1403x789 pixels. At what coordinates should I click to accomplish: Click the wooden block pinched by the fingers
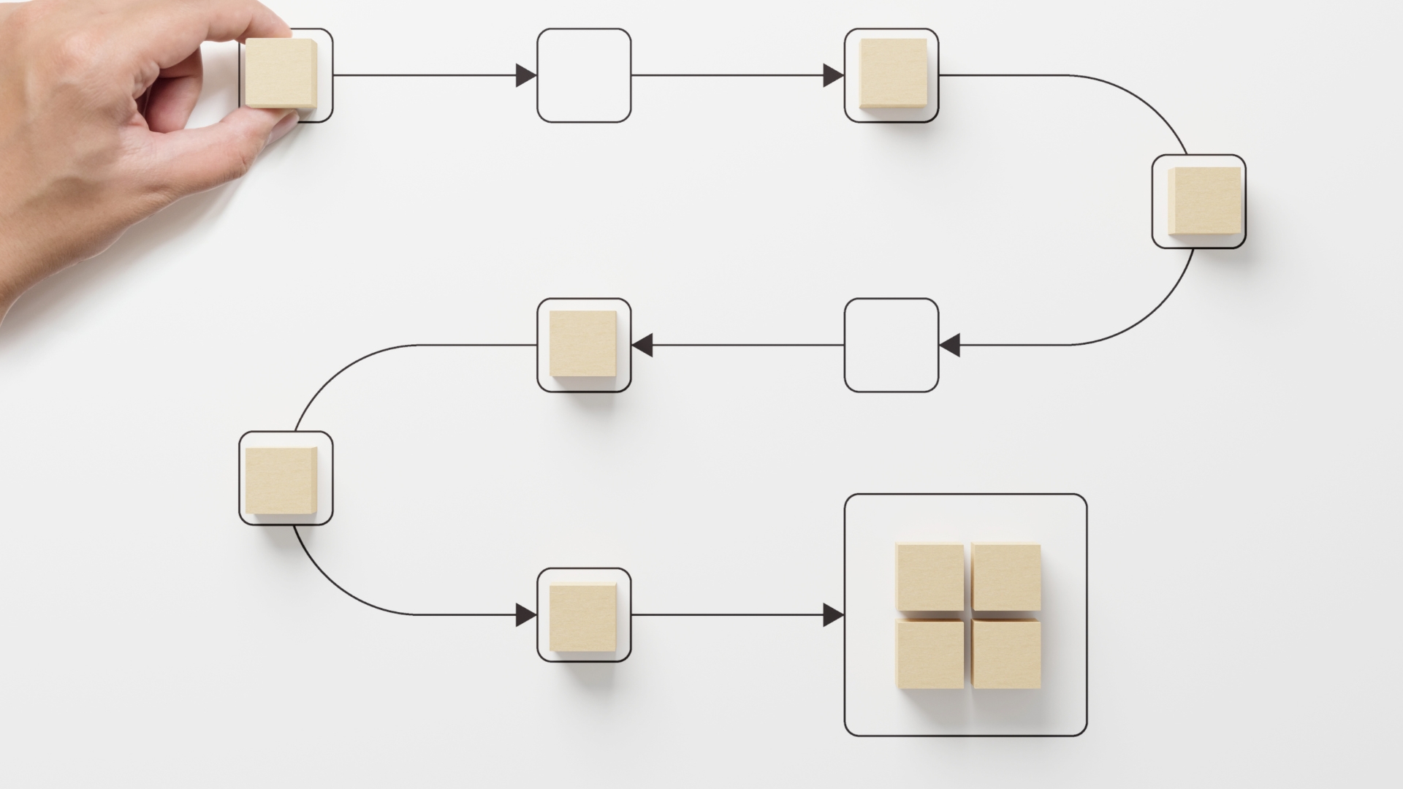[x=281, y=73]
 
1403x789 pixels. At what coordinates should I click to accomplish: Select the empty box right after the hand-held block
[x=584, y=75]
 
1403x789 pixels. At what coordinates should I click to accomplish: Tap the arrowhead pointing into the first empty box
[x=525, y=75]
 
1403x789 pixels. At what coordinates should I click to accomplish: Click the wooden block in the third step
[x=893, y=74]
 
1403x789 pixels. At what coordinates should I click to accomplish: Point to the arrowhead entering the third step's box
[x=833, y=75]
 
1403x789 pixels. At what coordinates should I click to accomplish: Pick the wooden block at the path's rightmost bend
[x=1204, y=201]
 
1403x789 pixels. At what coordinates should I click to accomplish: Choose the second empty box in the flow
[x=891, y=345]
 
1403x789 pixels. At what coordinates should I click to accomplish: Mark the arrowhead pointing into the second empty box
[x=949, y=345]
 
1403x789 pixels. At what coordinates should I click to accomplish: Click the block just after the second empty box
[x=582, y=343]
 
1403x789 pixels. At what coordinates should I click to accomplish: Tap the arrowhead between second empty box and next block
[x=642, y=345]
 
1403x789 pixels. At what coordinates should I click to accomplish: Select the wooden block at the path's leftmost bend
[x=281, y=480]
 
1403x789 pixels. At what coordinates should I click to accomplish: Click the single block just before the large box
[x=582, y=617]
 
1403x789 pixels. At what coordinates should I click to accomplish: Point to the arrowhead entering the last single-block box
[x=525, y=615]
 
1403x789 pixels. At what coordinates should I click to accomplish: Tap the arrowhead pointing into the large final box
[x=833, y=615]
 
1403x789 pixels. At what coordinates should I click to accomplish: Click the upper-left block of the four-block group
[x=929, y=576]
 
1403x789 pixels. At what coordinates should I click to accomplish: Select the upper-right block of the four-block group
[x=1006, y=576]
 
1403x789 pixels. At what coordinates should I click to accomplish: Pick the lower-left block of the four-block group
[x=929, y=654]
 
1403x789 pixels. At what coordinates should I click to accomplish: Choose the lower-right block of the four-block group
[x=1006, y=654]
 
